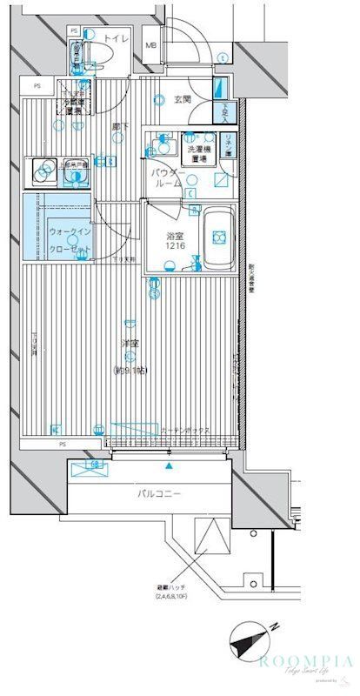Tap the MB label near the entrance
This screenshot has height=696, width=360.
(x=150, y=44)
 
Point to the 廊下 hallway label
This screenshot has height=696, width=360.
(x=120, y=127)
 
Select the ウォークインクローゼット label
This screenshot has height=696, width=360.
(x=69, y=239)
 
